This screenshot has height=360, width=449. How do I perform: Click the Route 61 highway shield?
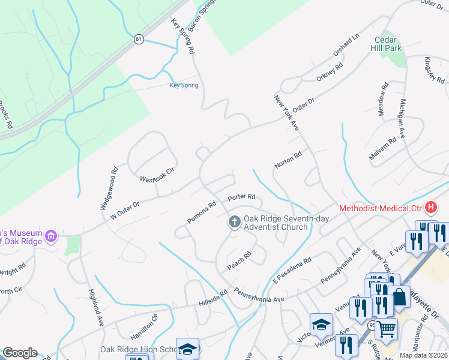(x=139, y=39)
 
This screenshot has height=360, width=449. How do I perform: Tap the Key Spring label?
(x=184, y=85)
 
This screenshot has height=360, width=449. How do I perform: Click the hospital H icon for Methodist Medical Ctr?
(x=430, y=208)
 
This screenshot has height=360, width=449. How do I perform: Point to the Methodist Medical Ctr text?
(x=381, y=209)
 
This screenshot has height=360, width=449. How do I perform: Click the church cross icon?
(x=234, y=223)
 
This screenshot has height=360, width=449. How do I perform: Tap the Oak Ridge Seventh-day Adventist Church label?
(x=276, y=223)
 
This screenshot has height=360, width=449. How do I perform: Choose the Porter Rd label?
(x=242, y=197)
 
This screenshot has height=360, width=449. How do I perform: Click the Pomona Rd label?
(x=201, y=212)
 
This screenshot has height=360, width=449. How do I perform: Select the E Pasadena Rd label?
(x=292, y=270)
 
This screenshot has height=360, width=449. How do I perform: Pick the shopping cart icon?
(x=386, y=328)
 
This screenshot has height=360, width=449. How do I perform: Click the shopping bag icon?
(x=399, y=297)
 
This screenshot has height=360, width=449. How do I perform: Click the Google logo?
(x=20, y=353)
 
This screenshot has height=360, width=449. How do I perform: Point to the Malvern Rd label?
(x=382, y=149)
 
